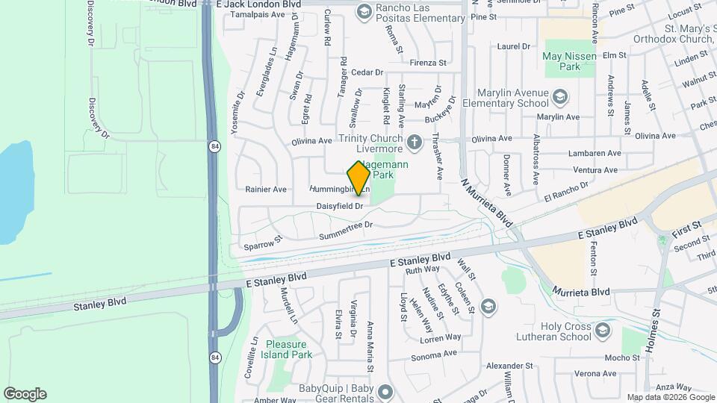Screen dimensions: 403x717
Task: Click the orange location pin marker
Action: point(358,178)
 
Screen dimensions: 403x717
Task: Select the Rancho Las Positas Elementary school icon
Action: point(364,10)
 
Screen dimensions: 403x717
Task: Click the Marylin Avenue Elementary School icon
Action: point(559,97)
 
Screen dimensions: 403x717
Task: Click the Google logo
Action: point(25,394)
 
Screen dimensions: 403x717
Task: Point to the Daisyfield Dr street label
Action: point(340,205)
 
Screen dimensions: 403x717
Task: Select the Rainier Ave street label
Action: point(266,190)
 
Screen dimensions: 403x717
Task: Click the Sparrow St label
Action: point(262,243)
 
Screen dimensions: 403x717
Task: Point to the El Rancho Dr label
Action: point(567,193)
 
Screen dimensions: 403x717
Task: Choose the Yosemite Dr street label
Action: point(238,112)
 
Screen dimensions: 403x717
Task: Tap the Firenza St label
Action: point(427,63)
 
